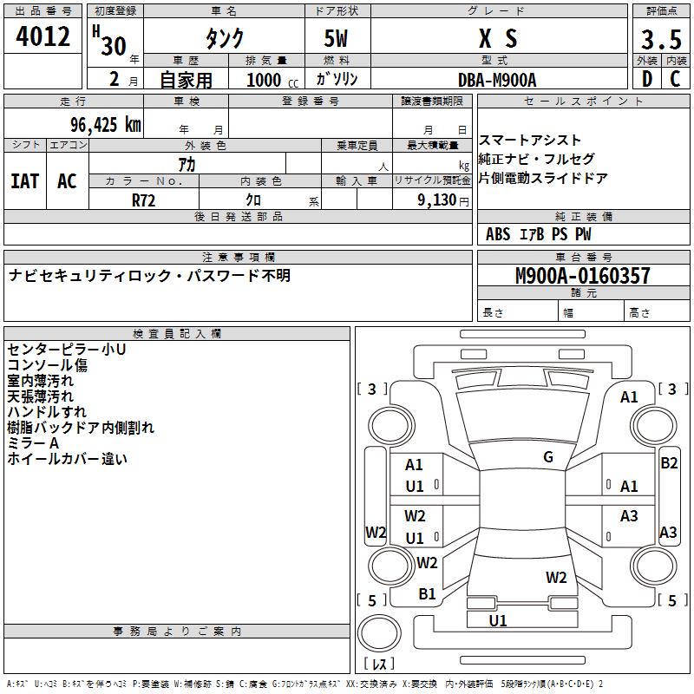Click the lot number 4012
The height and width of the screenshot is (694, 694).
click(x=43, y=36)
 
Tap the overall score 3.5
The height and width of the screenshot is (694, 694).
click(x=661, y=39)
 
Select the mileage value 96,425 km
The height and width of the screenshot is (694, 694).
click(x=105, y=125)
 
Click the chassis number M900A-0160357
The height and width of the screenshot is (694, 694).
click(x=583, y=275)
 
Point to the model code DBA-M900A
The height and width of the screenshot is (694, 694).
click(x=497, y=80)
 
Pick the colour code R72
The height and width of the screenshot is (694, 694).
click(x=143, y=200)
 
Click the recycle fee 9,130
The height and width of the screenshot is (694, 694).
click(x=436, y=200)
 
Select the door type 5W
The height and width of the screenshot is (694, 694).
click(x=336, y=38)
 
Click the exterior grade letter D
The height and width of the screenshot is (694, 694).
click(x=647, y=79)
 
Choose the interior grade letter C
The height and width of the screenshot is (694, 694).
click(x=675, y=79)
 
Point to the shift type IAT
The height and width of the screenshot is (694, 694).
click(x=25, y=181)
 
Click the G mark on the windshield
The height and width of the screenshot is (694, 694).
click(x=548, y=457)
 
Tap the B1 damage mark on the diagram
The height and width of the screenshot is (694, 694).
click(x=427, y=594)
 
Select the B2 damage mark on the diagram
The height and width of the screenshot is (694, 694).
click(x=669, y=463)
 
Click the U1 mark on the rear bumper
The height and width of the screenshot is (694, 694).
click(x=497, y=620)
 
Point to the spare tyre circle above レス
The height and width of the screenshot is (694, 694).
click(x=379, y=633)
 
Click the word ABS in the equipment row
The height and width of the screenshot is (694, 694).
click(x=498, y=234)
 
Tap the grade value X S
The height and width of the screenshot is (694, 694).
click(x=498, y=38)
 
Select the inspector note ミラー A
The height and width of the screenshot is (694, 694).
click(x=33, y=443)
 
